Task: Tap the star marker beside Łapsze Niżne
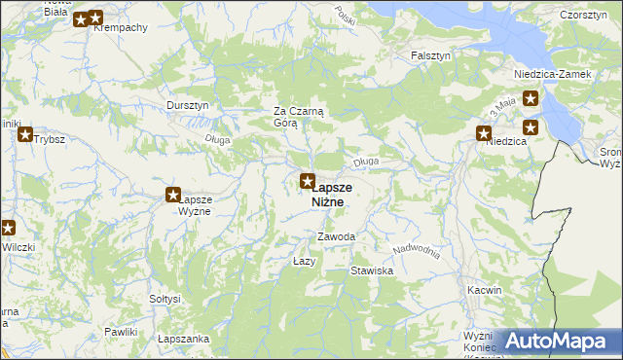308,181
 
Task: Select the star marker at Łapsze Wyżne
174,196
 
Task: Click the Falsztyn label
430,55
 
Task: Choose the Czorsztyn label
584,14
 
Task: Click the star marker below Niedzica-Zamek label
531,97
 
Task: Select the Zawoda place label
336,237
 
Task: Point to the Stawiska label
372,270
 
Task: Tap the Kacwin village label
484,290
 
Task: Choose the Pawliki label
120,333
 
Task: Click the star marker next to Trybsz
25,135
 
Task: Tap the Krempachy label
120,27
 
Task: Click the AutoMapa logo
557,341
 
